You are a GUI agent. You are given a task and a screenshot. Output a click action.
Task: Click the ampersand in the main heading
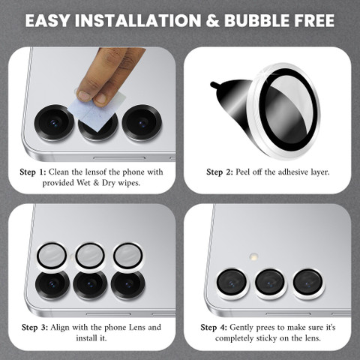click(x=212, y=20)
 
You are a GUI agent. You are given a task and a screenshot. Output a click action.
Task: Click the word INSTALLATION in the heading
click(x=138, y=20)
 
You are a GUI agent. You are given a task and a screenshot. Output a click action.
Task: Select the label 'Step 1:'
click(x=33, y=172)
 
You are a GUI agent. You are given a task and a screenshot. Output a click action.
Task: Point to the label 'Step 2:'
click(x=220, y=172)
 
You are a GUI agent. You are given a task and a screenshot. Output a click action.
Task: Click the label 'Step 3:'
click(x=34, y=328)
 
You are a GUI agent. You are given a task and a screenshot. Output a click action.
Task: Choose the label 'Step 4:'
click(x=214, y=328)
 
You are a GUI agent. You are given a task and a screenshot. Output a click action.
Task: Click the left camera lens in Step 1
click(x=54, y=123)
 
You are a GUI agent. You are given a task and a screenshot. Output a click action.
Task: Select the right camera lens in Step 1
click(x=142, y=123)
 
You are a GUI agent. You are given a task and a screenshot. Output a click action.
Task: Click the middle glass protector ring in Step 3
click(x=90, y=256)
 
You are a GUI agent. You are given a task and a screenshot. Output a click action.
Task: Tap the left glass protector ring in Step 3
click(x=52, y=256)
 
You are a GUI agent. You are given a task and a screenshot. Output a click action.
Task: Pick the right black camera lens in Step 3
click(x=127, y=285)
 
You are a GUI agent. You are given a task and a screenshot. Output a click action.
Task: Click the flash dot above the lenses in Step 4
click(x=254, y=256)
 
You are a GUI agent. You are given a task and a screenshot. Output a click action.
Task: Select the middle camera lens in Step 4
click(x=270, y=283)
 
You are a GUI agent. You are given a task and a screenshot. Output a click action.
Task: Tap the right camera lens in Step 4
click(x=307, y=283)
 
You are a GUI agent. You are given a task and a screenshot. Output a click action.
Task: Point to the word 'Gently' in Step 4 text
click(x=241, y=328)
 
